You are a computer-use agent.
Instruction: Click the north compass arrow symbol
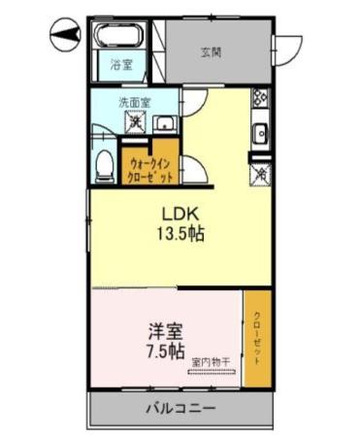click(60, 37)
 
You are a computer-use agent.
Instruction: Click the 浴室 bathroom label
click(120, 67)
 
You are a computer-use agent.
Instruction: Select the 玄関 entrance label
click(211, 52)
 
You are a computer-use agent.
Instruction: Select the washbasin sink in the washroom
click(166, 122)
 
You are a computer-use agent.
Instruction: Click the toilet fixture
click(104, 166)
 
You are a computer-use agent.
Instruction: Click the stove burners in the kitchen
click(259, 98)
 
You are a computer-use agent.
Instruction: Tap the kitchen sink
click(259, 132)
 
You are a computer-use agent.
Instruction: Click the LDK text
click(180, 214)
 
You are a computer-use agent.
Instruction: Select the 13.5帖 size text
click(180, 234)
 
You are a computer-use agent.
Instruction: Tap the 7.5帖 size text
click(161, 353)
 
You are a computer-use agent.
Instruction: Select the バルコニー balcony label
click(180, 408)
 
